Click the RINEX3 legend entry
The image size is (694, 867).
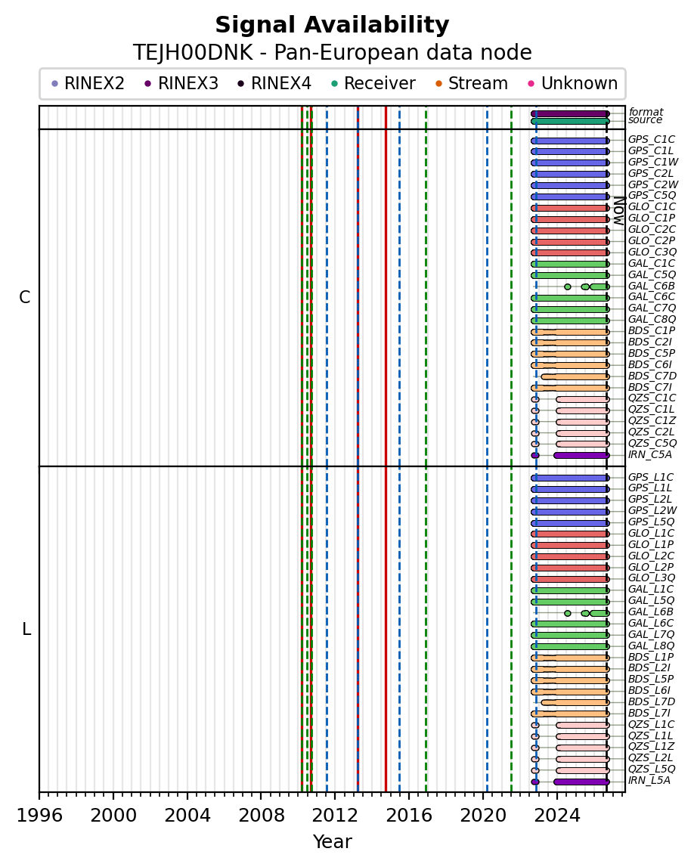[181, 83]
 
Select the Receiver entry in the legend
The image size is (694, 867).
[373, 83]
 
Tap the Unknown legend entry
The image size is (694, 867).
[573, 83]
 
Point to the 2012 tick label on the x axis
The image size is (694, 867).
[335, 815]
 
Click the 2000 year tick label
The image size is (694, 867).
[113, 815]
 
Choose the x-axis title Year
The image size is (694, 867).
[333, 841]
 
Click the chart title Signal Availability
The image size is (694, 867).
[332, 25]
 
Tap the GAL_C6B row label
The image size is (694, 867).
[652, 286]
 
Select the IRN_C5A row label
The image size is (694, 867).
[649, 454]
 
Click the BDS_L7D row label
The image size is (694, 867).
[652, 701]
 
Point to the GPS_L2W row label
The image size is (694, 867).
[652, 510]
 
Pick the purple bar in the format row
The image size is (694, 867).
[570, 114]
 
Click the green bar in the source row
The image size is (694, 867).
[570, 121]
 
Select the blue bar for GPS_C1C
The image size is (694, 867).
[570, 141]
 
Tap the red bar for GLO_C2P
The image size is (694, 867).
[570, 242]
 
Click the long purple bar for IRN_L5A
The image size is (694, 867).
[582, 782]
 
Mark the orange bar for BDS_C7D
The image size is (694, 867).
[575, 376]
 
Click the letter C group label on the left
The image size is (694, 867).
[25, 298]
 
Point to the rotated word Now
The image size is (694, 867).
[619, 211]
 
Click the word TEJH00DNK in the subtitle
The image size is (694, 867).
[193, 53]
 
